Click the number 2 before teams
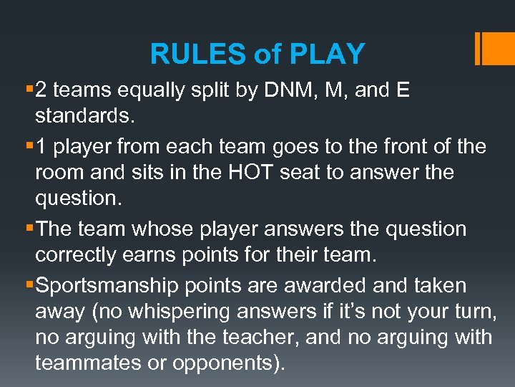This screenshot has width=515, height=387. click(x=41, y=90)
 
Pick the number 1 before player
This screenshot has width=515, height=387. click(x=41, y=147)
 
